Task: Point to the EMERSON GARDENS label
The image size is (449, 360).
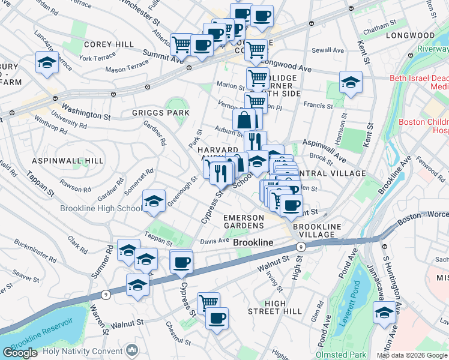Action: (x=244, y=221)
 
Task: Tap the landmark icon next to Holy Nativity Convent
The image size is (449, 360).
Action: (x=132, y=350)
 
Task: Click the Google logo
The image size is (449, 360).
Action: (x=20, y=353)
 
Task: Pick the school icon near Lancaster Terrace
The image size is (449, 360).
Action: (x=46, y=63)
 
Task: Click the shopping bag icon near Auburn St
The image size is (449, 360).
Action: (x=244, y=119)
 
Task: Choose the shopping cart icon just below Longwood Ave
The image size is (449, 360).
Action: (x=258, y=77)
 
